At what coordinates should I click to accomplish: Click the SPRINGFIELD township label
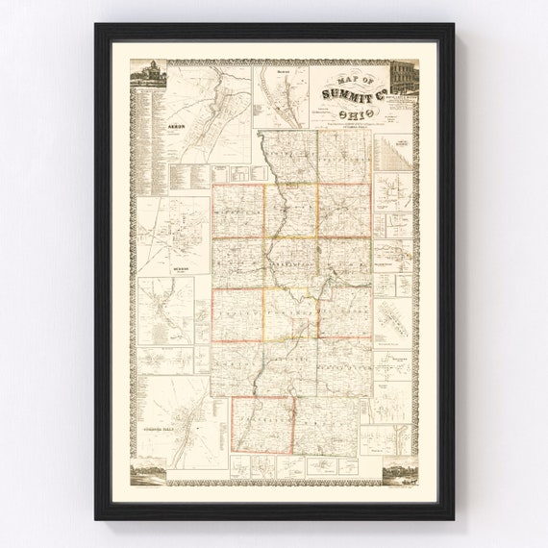pos(344,365)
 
